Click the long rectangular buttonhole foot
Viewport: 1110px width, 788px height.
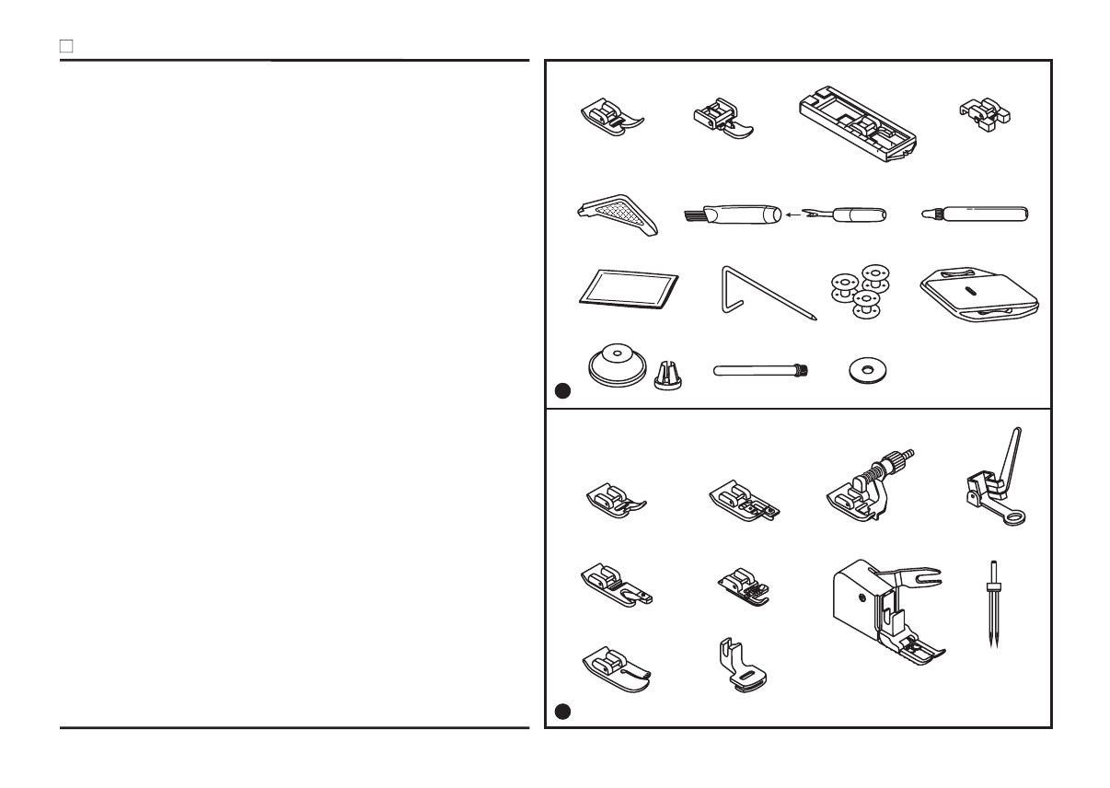point(858,125)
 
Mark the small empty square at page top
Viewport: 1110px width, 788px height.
point(66,44)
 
